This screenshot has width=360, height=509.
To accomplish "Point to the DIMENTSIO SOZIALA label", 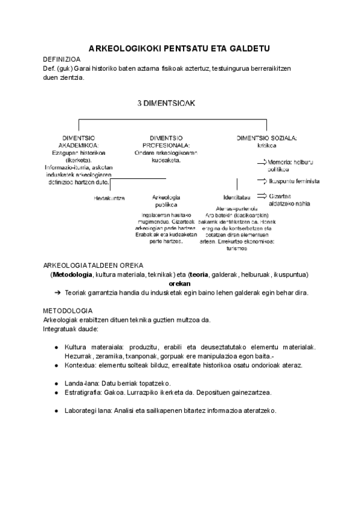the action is point(267,137).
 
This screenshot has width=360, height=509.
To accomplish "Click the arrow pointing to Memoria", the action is point(262,162).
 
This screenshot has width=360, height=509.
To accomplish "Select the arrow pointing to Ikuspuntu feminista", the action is point(262,180).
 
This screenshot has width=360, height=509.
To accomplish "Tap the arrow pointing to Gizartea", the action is point(262,196).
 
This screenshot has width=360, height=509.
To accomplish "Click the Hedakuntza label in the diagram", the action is point(109,197).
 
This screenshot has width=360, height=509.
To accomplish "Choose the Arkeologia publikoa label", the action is point(166,200).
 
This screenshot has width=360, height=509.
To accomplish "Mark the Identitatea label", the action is point(236,197).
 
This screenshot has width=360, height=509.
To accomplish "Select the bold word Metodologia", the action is point(73,274).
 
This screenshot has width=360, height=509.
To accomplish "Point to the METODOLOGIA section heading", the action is point(67,311).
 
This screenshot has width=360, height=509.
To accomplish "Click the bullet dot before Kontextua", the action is point(56,366).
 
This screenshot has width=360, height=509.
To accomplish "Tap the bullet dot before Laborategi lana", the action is point(56,411).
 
